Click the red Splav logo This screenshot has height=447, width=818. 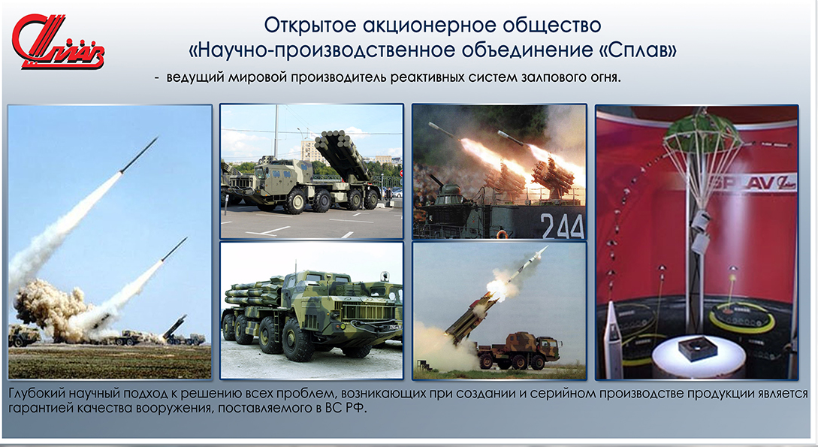tap(58, 42)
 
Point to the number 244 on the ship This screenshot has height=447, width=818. tap(562, 225)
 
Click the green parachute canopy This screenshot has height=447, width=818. tap(703, 132)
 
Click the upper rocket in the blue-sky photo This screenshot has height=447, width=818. tap(139, 155)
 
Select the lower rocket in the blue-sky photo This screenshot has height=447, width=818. tap(174, 249)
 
